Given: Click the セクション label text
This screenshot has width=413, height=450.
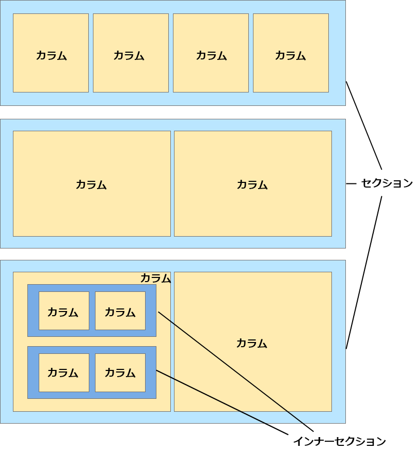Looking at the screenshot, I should point(387,183).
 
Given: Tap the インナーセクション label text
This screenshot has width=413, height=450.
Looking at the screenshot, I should point(339,441).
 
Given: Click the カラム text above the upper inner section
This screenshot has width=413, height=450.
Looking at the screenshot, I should point(155,278).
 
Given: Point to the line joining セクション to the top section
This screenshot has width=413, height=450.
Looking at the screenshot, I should point(364,126).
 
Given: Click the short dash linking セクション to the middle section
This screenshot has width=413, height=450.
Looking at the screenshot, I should point(351,183).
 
